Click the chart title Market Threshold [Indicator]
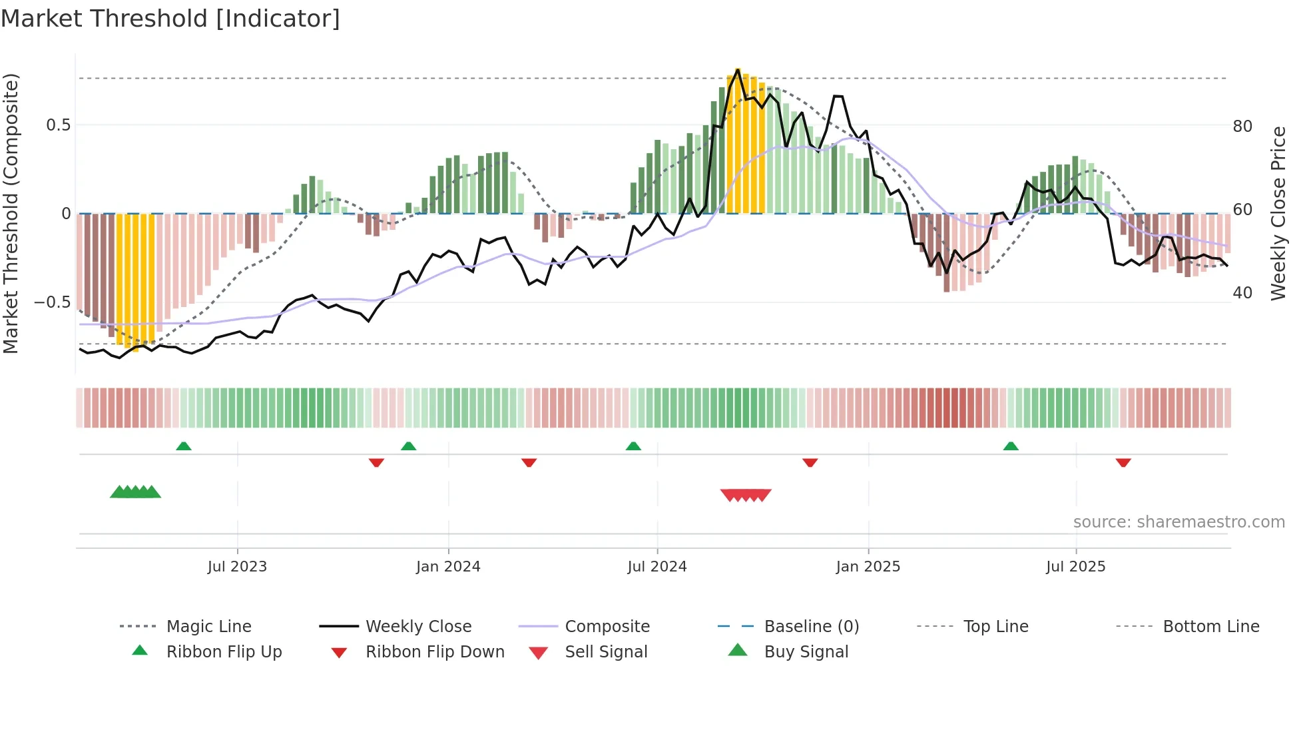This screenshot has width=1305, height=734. (x=170, y=19)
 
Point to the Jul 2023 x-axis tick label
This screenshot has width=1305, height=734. (x=237, y=567)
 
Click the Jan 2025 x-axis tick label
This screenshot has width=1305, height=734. (x=868, y=567)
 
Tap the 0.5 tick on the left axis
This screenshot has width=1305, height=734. (x=58, y=125)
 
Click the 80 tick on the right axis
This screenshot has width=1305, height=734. (x=1242, y=127)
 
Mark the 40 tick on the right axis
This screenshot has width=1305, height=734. (x=1242, y=293)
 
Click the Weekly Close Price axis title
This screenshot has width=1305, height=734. (x=1278, y=213)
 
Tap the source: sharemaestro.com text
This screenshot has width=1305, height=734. (x=1178, y=522)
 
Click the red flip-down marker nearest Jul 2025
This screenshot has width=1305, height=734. (x=1123, y=462)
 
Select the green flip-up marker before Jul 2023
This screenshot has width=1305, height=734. (x=184, y=446)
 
